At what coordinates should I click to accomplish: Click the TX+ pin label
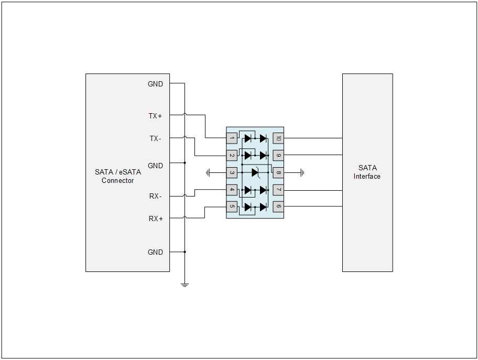coord(155,116)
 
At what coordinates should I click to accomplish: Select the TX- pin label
coord(155,139)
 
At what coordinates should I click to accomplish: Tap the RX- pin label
coord(155,197)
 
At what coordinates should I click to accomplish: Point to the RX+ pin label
coord(156,219)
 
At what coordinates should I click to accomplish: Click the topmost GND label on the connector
coord(155,84)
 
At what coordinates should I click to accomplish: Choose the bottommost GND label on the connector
coord(155,252)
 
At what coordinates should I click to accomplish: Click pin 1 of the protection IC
coord(232,138)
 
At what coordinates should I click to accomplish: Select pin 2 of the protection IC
coord(232,156)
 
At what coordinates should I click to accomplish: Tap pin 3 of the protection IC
coord(232,173)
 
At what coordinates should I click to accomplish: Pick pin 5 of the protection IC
coord(232,206)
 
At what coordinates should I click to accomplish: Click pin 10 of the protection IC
coord(278,138)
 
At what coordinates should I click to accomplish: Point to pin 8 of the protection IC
coord(278,173)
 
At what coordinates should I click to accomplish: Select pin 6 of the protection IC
coord(278,206)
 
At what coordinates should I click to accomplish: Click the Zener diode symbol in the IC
coord(256,172)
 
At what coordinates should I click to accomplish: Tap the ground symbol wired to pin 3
coord(208,173)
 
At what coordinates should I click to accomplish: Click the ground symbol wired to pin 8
coord(302,173)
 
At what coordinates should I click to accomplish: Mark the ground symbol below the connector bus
coord(184,285)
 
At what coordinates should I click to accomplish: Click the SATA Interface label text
coord(367,172)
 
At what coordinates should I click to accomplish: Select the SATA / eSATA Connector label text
coord(118,176)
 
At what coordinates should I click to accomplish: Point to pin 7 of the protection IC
coord(278,190)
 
